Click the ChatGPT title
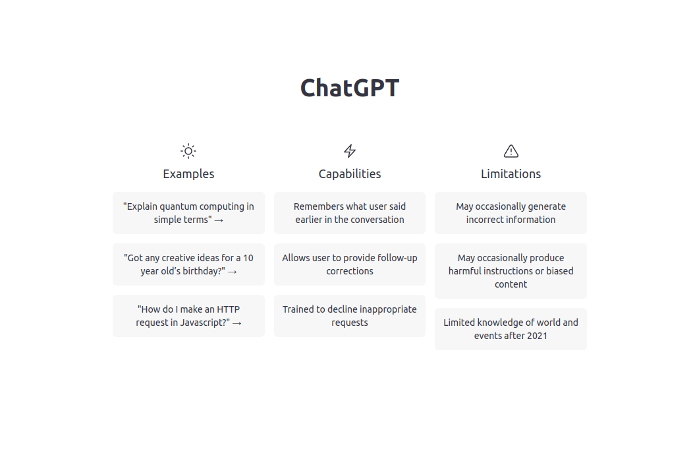(x=349, y=88)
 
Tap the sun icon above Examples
(x=188, y=151)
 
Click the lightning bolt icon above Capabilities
(x=350, y=151)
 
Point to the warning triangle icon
(x=511, y=151)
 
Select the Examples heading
(x=188, y=174)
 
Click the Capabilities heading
(x=350, y=174)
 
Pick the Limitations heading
(x=511, y=174)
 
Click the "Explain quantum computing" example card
(x=188, y=213)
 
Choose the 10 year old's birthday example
(x=188, y=264)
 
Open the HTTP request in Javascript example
(x=188, y=316)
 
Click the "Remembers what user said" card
(x=350, y=213)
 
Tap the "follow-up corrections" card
(x=350, y=264)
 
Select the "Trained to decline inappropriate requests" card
(x=350, y=316)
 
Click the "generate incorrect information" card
(x=511, y=213)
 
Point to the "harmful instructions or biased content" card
(x=511, y=271)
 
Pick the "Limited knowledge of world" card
(x=511, y=329)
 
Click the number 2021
(x=536, y=336)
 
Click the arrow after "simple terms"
(x=219, y=220)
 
